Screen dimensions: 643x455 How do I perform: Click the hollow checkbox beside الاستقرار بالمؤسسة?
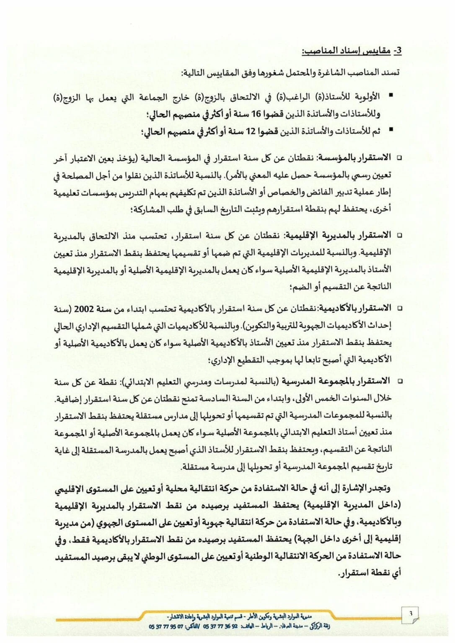(x=399, y=158)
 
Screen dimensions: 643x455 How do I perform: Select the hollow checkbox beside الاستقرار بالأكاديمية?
(x=399, y=309)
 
